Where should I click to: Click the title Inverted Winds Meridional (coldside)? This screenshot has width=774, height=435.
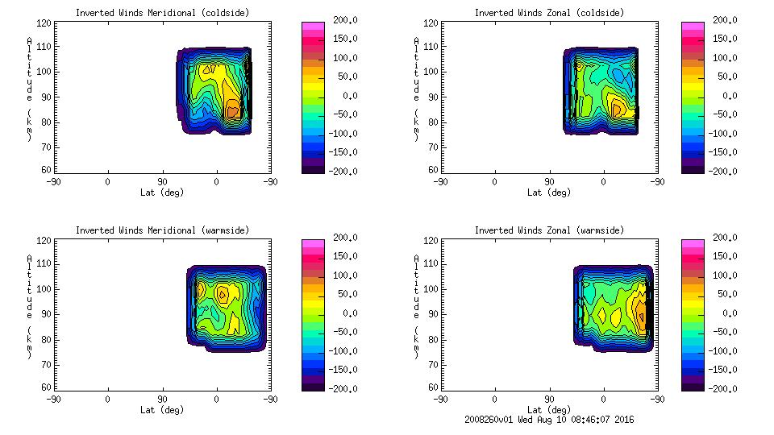(x=162, y=13)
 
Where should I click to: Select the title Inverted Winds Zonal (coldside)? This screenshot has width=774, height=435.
(x=549, y=13)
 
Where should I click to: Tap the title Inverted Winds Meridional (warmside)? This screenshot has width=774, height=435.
(x=162, y=230)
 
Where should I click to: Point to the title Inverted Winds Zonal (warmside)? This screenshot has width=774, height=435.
(x=549, y=230)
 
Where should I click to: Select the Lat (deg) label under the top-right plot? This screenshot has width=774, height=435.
(x=549, y=193)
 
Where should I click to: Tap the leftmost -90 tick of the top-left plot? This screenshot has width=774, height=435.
(x=54, y=182)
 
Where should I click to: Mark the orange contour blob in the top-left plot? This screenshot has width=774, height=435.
(x=232, y=109)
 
